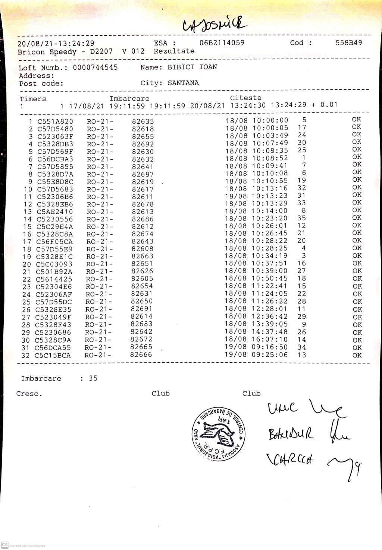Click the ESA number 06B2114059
click(x=222, y=43)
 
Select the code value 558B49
click(x=348, y=43)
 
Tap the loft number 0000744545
click(x=95, y=67)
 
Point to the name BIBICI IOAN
click(x=192, y=67)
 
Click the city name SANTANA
click(x=183, y=83)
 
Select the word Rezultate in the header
click(x=174, y=51)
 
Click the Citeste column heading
click(x=245, y=98)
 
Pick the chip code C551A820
click(x=55, y=121)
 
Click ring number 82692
click(x=143, y=144)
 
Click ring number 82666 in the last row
click(x=141, y=355)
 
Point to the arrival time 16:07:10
click(x=269, y=340)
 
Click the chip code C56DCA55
click(x=53, y=348)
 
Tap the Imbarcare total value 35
click(x=93, y=378)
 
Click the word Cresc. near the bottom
click(x=29, y=394)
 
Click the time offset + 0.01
click(x=324, y=105)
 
